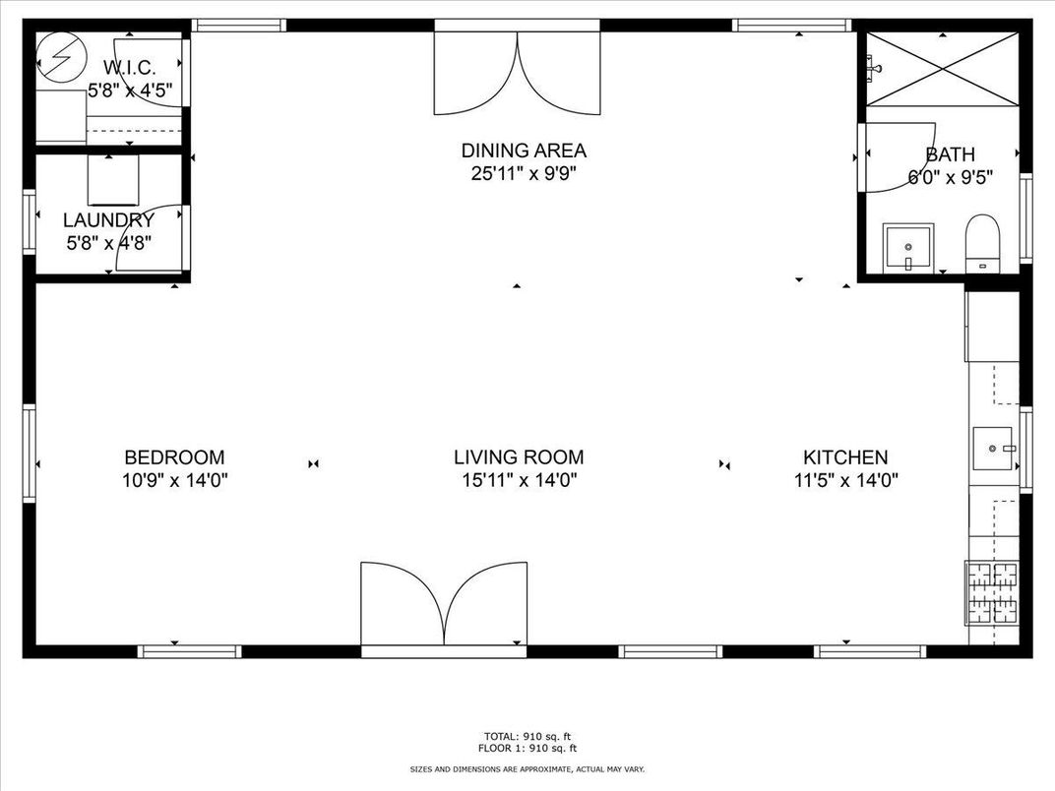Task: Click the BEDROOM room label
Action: coord(174,457)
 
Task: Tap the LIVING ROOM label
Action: coord(519,457)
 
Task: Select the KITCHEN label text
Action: coord(845,457)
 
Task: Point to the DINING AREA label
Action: coord(524,150)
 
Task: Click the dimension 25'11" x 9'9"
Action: coord(524,173)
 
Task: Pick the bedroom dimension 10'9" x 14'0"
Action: coord(175,480)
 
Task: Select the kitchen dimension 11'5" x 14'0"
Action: coord(845,480)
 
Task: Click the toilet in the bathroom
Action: coord(983,243)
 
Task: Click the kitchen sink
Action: coord(992,448)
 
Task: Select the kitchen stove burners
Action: coord(992,593)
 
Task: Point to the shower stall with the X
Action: coord(942,69)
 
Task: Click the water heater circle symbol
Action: coord(61,58)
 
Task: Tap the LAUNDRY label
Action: coord(108,220)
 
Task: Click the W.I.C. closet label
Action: coord(130,67)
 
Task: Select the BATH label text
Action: coord(950,154)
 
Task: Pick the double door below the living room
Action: coord(444,603)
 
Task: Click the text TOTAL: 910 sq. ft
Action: coord(527,737)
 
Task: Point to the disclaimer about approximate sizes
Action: coord(527,768)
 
